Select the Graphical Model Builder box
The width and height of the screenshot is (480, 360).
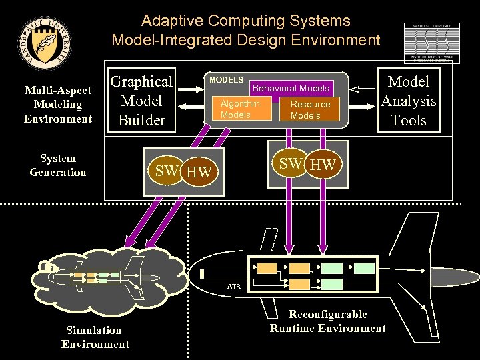141,101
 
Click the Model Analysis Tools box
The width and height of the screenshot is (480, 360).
408,101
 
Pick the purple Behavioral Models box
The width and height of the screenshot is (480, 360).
291,88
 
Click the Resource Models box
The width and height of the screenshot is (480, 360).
309,110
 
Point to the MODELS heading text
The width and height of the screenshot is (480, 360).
226,80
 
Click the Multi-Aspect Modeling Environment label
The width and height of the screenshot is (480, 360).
58,105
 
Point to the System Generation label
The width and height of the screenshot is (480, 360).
58,165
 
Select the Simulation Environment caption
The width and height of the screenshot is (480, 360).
95,337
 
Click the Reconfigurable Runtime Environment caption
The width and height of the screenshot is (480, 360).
327,321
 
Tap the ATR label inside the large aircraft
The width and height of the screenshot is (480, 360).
233,287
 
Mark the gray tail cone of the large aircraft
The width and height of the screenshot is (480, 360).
202,274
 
